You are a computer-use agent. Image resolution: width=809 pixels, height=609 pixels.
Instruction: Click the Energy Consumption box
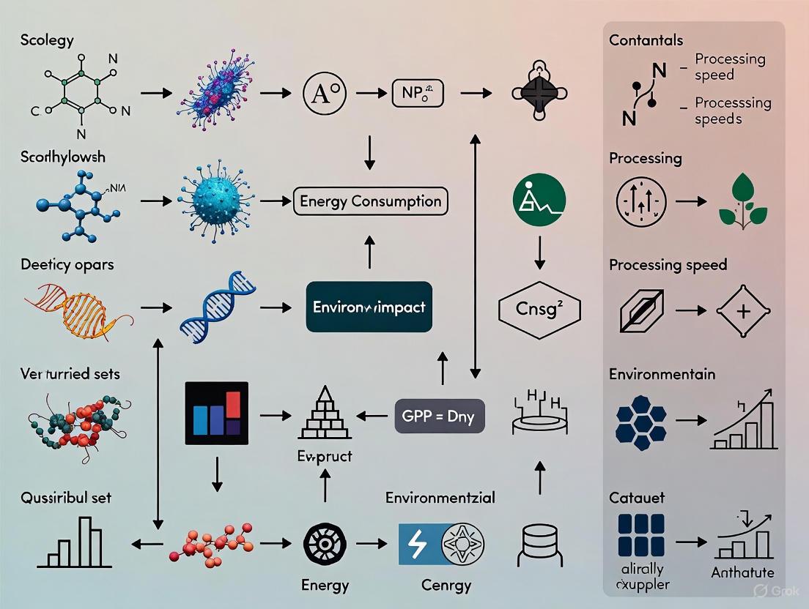(370, 201)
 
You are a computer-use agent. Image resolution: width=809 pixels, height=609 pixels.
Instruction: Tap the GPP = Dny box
(439, 416)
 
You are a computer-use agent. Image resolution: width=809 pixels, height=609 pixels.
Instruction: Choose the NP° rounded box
(418, 94)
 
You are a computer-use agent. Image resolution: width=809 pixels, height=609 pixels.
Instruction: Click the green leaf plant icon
(742, 199)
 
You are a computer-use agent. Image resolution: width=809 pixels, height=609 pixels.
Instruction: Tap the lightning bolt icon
(417, 544)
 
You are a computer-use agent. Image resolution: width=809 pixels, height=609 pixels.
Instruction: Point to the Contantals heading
(646, 40)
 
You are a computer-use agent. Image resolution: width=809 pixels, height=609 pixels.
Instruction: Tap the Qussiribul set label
(66, 497)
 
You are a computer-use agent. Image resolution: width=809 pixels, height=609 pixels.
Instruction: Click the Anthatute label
(742, 572)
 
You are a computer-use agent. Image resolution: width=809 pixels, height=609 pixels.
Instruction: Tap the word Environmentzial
(440, 498)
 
